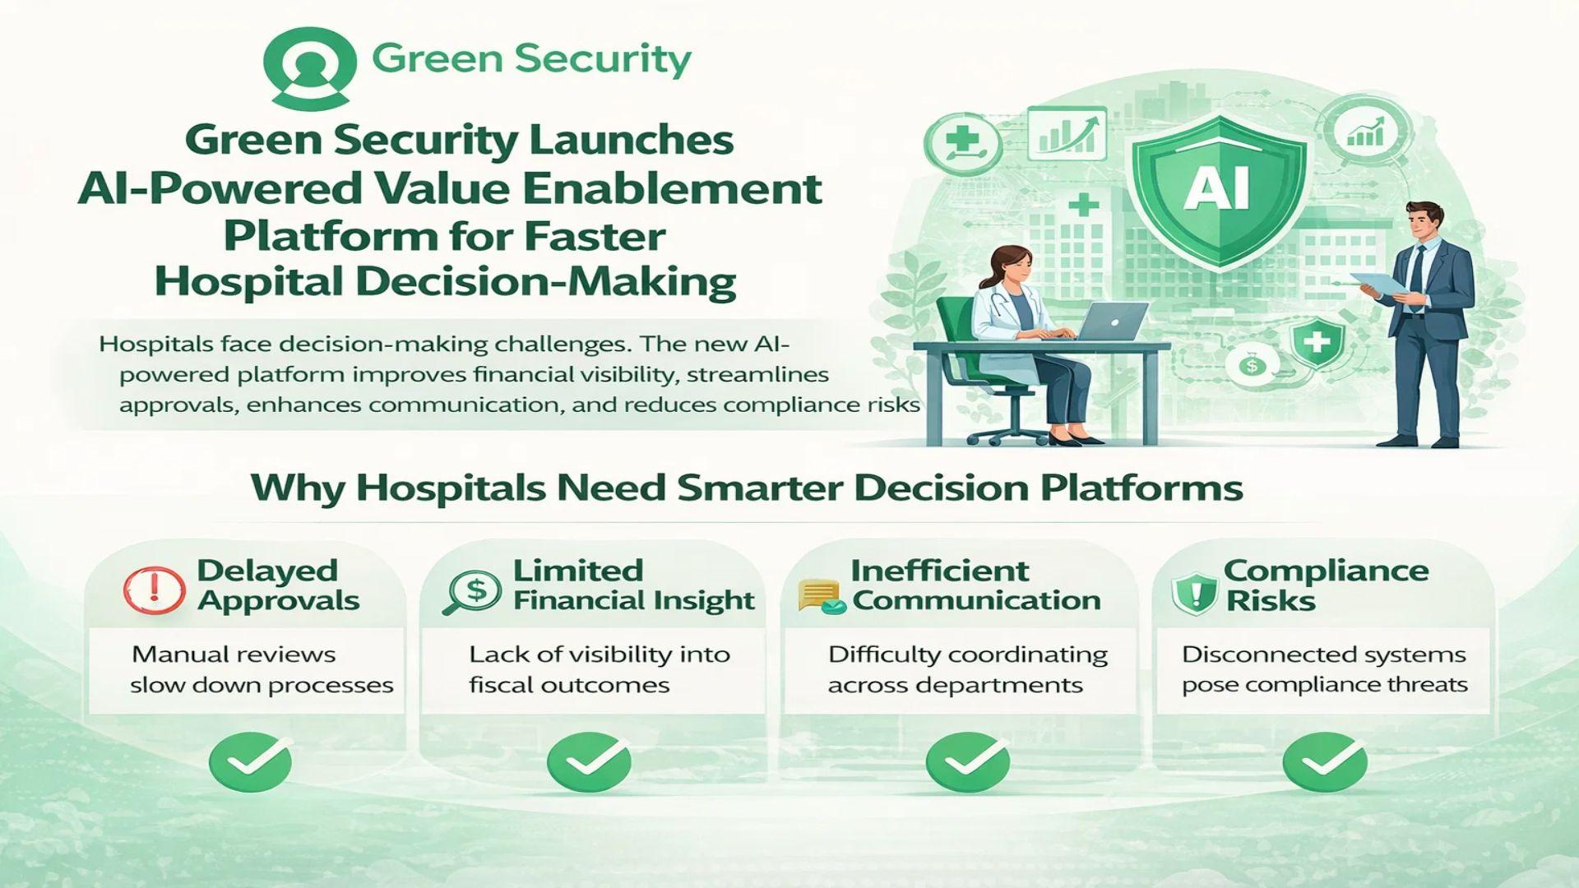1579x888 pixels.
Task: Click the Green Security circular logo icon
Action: tap(309, 67)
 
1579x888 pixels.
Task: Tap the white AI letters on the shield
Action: tap(1217, 188)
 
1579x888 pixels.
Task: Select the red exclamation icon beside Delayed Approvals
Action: tap(154, 590)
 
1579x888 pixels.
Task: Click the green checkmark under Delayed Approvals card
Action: tap(250, 761)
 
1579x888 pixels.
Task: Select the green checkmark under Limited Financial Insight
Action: tap(589, 761)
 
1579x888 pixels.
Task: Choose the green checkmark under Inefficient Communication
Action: tap(967, 761)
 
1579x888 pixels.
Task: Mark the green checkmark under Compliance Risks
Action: tap(1325, 761)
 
